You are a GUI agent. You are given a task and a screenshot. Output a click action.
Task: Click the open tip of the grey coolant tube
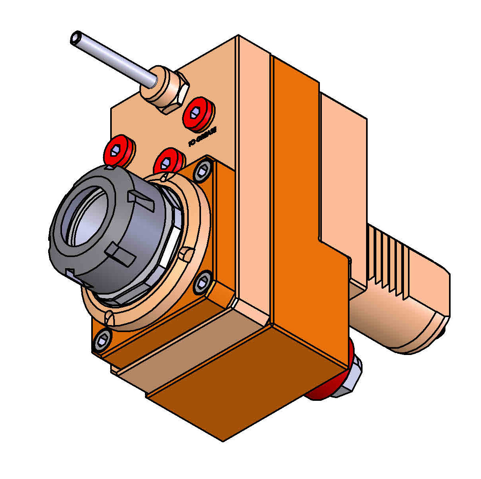[76, 38]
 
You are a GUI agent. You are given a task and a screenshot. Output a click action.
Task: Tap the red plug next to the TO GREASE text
[199, 113]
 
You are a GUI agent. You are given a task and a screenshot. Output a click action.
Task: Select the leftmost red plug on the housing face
[117, 150]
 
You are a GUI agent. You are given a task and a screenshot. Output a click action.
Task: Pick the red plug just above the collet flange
[169, 161]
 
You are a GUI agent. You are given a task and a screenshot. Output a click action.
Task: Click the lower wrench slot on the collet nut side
[121, 255]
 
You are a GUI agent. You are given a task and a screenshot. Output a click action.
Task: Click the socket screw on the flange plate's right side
[203, 283]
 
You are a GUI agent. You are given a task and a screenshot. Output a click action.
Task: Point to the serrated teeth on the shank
[389, 263]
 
